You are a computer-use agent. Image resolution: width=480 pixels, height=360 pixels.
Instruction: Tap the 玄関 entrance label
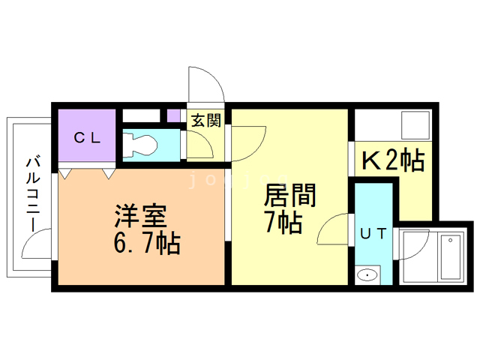205,120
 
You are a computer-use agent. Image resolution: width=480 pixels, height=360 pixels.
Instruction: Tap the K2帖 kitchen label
393,160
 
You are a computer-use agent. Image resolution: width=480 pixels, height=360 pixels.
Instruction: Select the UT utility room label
373,233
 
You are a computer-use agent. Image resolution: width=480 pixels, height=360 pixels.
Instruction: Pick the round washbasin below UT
367,275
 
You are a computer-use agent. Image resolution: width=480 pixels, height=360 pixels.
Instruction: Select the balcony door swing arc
37,245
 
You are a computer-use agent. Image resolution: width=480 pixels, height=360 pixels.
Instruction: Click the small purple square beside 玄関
173,116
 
